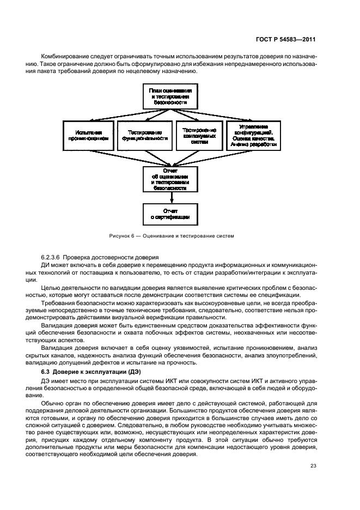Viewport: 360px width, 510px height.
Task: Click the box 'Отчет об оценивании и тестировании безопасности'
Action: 170,179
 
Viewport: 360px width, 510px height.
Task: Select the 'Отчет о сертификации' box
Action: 170,213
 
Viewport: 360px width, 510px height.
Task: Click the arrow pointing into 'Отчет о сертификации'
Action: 171,198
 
